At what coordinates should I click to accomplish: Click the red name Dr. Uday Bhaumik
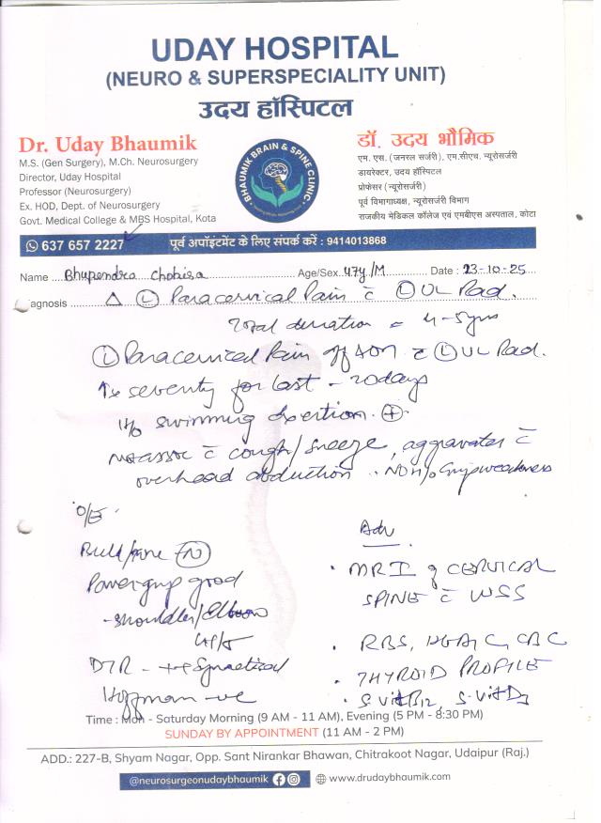[x=107, y=145]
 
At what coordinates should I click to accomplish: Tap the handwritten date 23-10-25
[x=494, y=271]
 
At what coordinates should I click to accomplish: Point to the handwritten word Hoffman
[x=130, y=698]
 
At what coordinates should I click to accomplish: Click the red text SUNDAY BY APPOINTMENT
[x=228, y=732]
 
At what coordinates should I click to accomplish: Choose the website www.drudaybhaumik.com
[x=390, y=777]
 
